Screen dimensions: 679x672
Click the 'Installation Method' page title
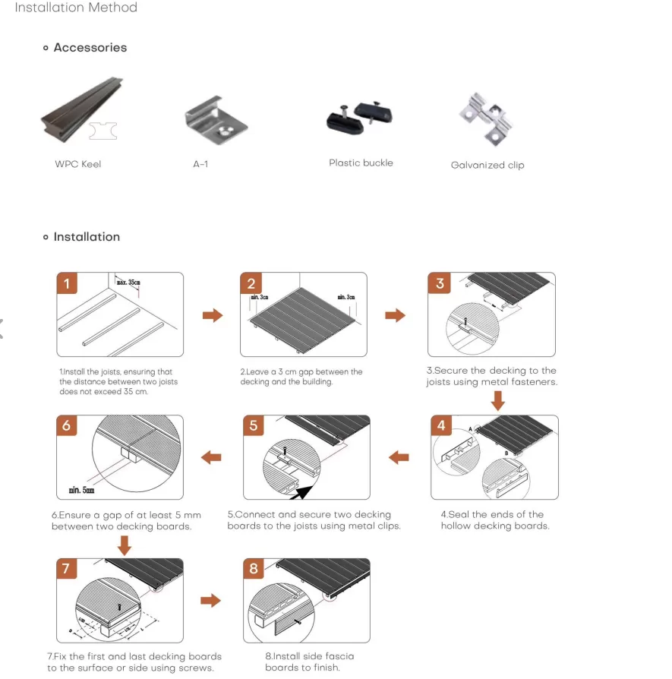coord(76,8)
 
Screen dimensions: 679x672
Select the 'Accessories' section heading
coord(90,48)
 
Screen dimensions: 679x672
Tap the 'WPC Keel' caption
coord(78,164)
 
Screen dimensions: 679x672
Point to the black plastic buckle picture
coord(359,117)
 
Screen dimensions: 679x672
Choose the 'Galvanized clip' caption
coord(487,165)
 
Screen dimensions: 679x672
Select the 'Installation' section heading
coord(87,237)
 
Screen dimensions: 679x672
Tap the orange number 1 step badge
coord(68,284)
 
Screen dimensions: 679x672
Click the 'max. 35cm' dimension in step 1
coord(128,283)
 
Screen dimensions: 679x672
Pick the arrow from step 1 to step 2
coord(213,315)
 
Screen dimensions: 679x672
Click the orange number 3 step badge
coord(440,284)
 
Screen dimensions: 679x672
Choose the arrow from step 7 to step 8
coord(210,600)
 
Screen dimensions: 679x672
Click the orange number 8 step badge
coord(254,569)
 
